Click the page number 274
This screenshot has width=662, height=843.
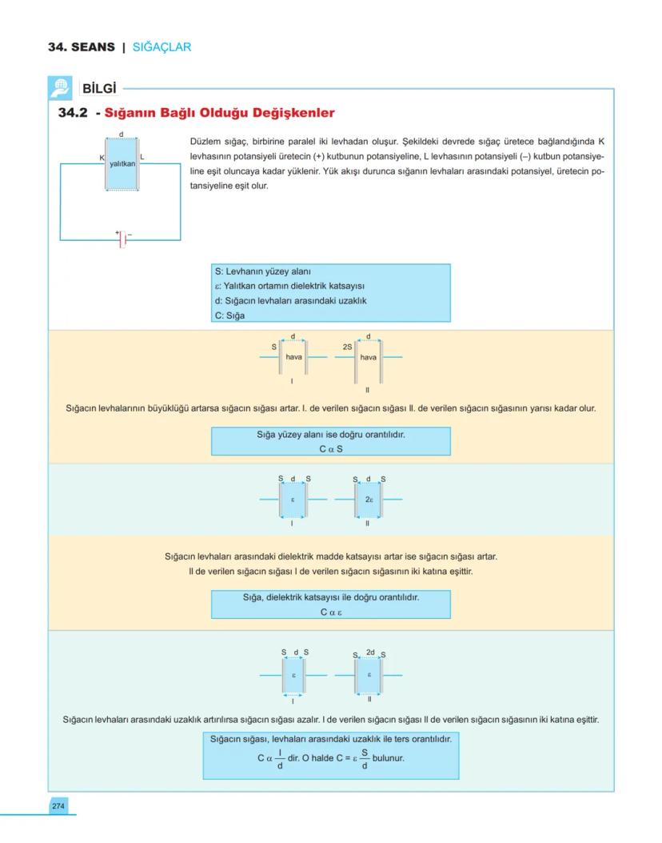click(x=58, y=805)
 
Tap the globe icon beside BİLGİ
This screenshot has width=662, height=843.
click(x=60, y=86)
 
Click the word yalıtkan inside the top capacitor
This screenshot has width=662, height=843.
click(x=122, y=163)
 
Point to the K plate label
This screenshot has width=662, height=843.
click(x=102, y=157)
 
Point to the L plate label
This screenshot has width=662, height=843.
click(x=142, y=157)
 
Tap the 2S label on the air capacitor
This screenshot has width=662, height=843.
click(x=348, y=346)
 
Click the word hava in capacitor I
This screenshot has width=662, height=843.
click(x=293, y=357)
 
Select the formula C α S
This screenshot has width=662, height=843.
click(x=331, y=449)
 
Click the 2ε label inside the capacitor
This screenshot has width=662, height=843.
click(x=368, y=499)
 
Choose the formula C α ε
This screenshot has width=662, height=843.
click(x=331, y=612)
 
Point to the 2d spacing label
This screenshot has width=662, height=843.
click(x=369, y=652)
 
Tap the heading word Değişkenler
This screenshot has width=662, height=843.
click(x=289, y=114)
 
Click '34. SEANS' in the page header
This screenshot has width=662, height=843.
click(x=81, y=47)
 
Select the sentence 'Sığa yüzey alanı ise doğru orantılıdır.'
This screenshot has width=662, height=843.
click(x=331, y=436)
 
